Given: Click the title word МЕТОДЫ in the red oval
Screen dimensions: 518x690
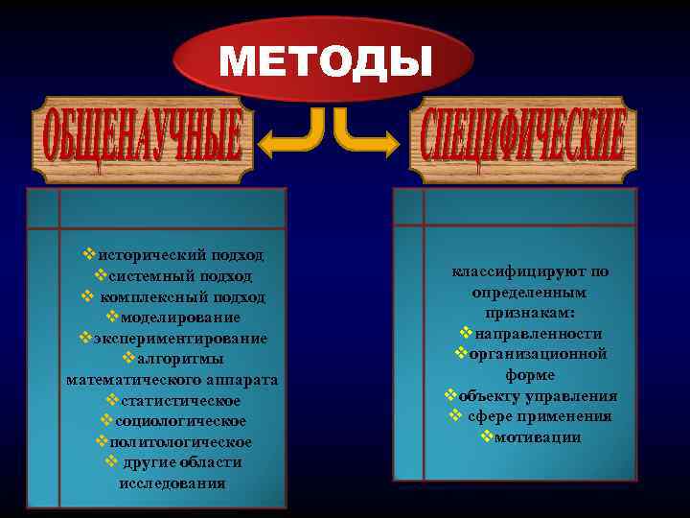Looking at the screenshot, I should (x=326, y=62).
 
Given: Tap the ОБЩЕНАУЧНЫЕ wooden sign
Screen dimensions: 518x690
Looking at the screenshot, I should (x=139, y=140).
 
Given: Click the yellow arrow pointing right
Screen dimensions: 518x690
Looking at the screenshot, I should (x=368, y=135).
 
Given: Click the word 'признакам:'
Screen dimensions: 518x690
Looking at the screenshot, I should (x=530, y=313).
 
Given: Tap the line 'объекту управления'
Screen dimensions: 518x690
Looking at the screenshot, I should (x=538, y=395).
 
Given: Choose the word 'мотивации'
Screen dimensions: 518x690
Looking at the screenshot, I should (x=538, y=436).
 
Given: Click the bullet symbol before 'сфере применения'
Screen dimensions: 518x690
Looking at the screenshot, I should (x=456, y=416).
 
